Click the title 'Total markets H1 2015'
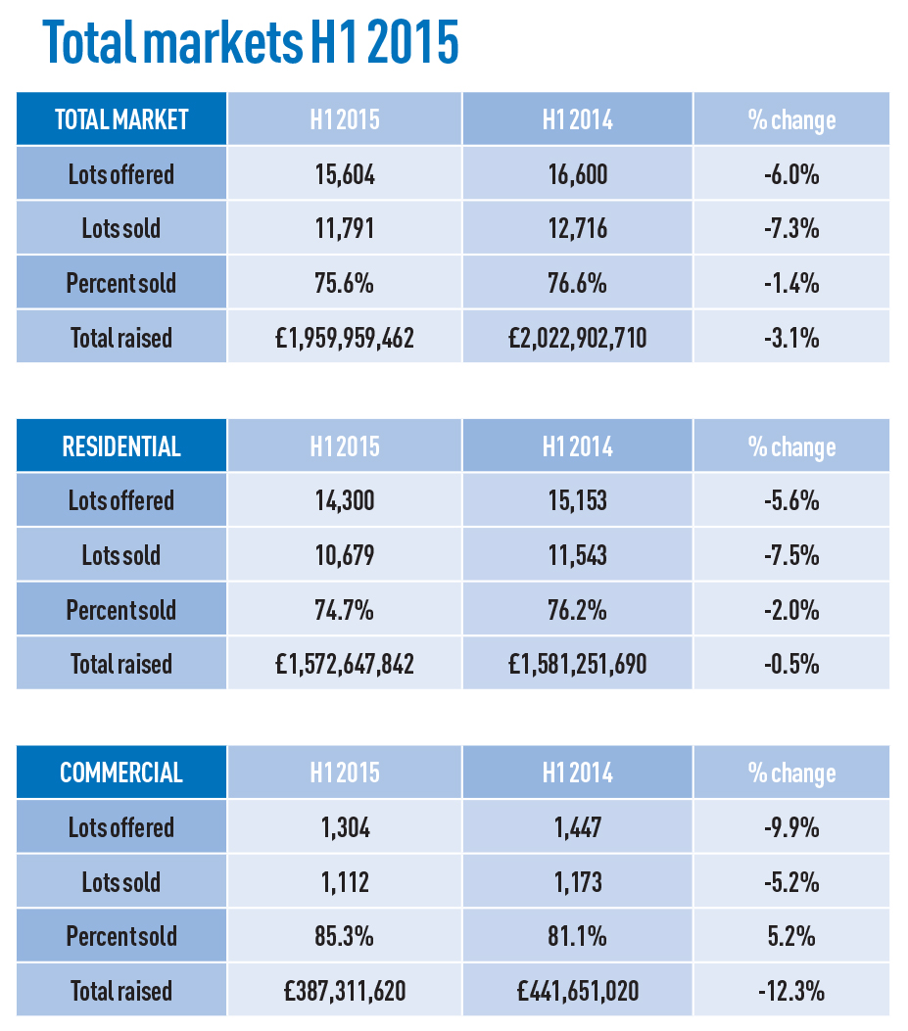[x=251, y=42]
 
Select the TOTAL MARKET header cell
[x=121, y=119]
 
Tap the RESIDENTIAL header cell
[x=121, y=445]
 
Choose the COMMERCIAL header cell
[x=121, y=772]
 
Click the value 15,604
[x=345, y=174]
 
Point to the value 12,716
[x=578, y=229]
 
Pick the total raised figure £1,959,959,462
[x=345, y=338]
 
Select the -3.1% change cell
[x=791, y=338]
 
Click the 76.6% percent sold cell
[x=578, y=283]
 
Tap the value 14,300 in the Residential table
[x=345, y=500]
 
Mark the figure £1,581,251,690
[x=578, y=664]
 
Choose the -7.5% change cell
[x=791, y=555]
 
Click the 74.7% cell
[x=345, y=610]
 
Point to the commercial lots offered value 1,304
[x=345, y=827]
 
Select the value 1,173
[x=578, y=882]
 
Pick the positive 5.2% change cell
[x=791, y=936]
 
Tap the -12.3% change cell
[x=791, y=991]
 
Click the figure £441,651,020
[x=578, y=991]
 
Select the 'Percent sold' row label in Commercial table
[x=121, y=936]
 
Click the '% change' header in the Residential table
[x=791, y=447]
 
